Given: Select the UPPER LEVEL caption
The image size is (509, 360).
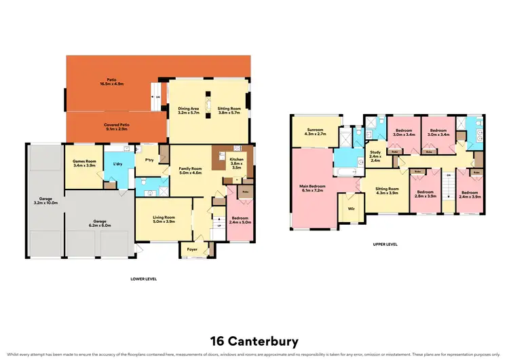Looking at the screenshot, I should pyautogui.click(x=385, y=244).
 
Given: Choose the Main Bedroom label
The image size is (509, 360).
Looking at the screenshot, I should pyautogui.click(x=313, y=187).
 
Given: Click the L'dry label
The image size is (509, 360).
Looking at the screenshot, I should pyautogui.click(x=117, y=164).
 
